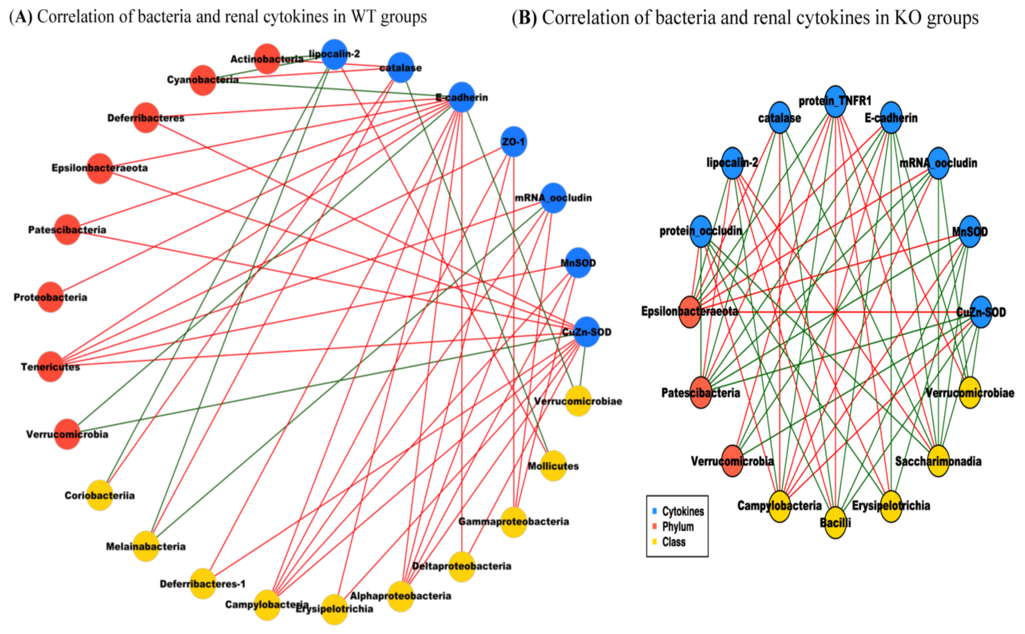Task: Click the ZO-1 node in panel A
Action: coord(514,142)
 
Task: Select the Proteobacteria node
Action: coord(50,297)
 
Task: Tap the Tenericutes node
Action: coord(50,366)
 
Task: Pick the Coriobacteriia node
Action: coord(100,495)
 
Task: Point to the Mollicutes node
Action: coord(553,466)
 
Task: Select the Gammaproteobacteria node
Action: coord(514,522)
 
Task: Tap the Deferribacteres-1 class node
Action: coord(203,583)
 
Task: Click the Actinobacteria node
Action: coord(267,59)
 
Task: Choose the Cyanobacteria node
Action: coord(203,80)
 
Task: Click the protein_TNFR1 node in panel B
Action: coord(835,101)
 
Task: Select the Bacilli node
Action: coord(835,522)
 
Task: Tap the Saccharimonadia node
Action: coord(938,461)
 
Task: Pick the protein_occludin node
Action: coord(701,231)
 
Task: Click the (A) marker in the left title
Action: coord(21,17)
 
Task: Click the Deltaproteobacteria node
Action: coord(462,566)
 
